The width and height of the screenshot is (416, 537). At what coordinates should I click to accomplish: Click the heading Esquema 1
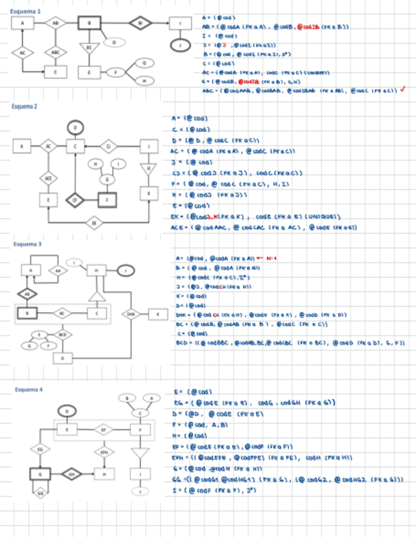[27, 11]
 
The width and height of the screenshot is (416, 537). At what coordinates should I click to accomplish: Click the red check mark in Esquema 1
[403, 89]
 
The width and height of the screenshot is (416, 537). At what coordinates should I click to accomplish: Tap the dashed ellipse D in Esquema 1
[114, 42]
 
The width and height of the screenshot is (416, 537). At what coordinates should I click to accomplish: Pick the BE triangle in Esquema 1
[89, 47]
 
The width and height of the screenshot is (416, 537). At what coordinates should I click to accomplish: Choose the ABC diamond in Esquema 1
[56, 52]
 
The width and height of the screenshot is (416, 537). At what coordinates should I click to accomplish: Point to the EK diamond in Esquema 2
[94, 222]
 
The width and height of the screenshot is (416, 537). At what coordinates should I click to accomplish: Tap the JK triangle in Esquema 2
[149, 168]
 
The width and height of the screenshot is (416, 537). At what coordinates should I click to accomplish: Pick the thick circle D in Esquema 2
[75, 127]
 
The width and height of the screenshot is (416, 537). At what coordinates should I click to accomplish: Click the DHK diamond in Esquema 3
[131, 313]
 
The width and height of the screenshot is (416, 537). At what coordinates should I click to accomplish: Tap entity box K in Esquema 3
[157, 313]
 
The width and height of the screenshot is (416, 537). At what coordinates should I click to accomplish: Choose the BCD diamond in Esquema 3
[62, 334]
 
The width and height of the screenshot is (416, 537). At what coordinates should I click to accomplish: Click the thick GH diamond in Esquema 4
[71, 473]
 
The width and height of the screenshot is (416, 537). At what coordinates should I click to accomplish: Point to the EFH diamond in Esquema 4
[104, 452]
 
